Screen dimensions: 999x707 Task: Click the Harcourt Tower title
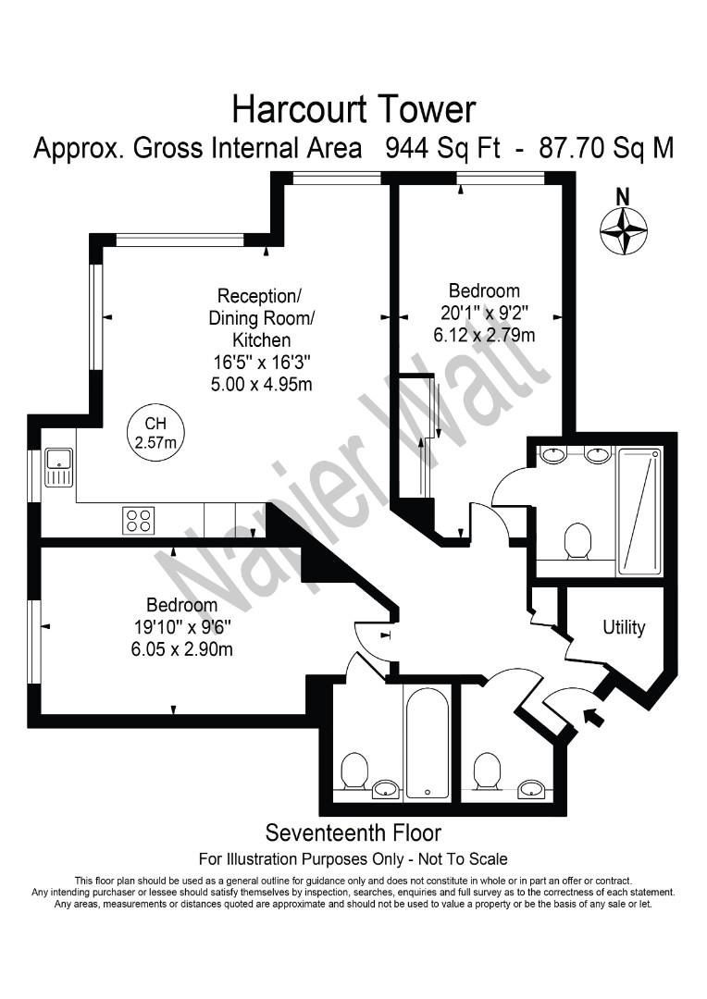click(353, 109)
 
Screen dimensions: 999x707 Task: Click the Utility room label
click(624, 627)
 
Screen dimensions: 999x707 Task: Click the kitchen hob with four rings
click(139, 520)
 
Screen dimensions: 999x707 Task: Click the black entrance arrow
click(592, 715)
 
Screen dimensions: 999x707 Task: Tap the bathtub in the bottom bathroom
click(428, 744)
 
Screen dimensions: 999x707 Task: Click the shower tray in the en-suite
click(639, 510)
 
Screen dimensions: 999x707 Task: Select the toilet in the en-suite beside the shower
click(578, 540)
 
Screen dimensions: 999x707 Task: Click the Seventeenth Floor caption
click(353, 833)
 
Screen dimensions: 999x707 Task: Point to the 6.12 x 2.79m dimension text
click(484, 335)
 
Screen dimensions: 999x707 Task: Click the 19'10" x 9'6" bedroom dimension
click(181, 627)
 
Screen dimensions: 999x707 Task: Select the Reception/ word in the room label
click(259, 296)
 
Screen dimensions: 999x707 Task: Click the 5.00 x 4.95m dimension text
click(261, 383)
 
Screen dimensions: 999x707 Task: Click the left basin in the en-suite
click(553, 454)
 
